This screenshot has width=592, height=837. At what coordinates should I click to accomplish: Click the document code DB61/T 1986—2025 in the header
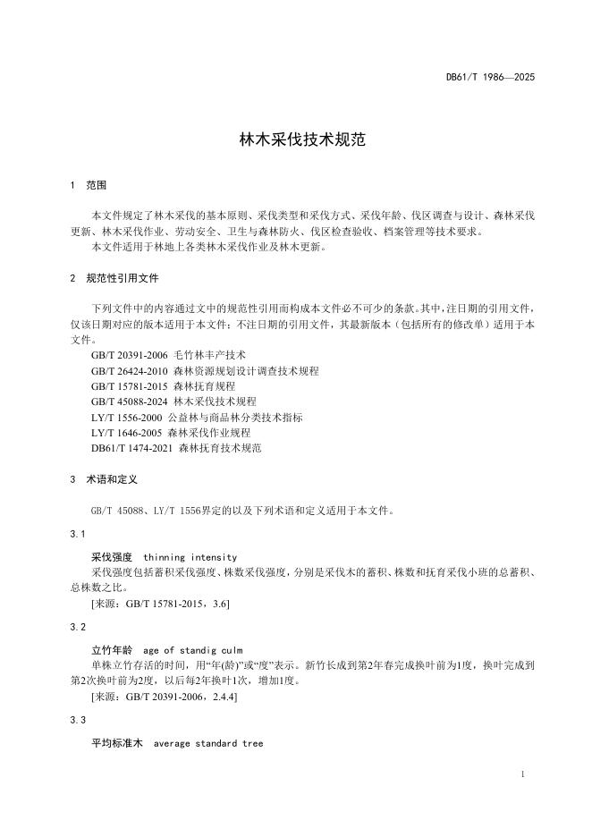[490, 78]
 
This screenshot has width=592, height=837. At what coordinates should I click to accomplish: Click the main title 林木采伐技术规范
[295, 140]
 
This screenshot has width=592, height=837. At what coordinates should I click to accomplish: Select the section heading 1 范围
[88, 185]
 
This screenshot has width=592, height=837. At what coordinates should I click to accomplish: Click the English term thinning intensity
[190, 556]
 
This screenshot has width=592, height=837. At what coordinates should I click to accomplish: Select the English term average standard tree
[208, 743]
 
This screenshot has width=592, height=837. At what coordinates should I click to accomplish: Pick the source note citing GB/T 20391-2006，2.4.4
[164, 697]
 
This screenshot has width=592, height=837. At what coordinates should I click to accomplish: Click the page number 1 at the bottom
[521, 775]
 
